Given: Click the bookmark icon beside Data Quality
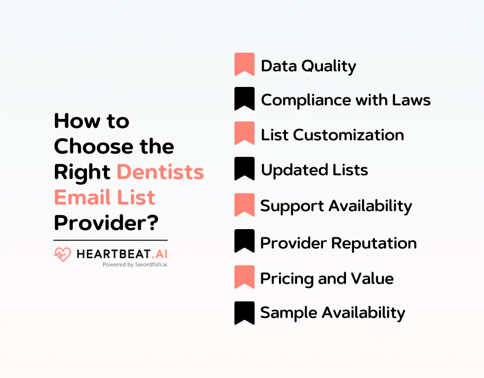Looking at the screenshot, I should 244,64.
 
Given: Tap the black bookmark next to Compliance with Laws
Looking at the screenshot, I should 244,99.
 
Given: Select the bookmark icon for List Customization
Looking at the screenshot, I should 244,133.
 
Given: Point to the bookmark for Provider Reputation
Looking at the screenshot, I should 244,241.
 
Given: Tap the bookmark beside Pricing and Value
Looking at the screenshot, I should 244,277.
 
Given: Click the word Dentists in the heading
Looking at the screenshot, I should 160,172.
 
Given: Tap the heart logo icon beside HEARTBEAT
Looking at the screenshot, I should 62,255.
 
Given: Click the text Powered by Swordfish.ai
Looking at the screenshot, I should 135,265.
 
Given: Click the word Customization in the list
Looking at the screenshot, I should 348,135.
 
